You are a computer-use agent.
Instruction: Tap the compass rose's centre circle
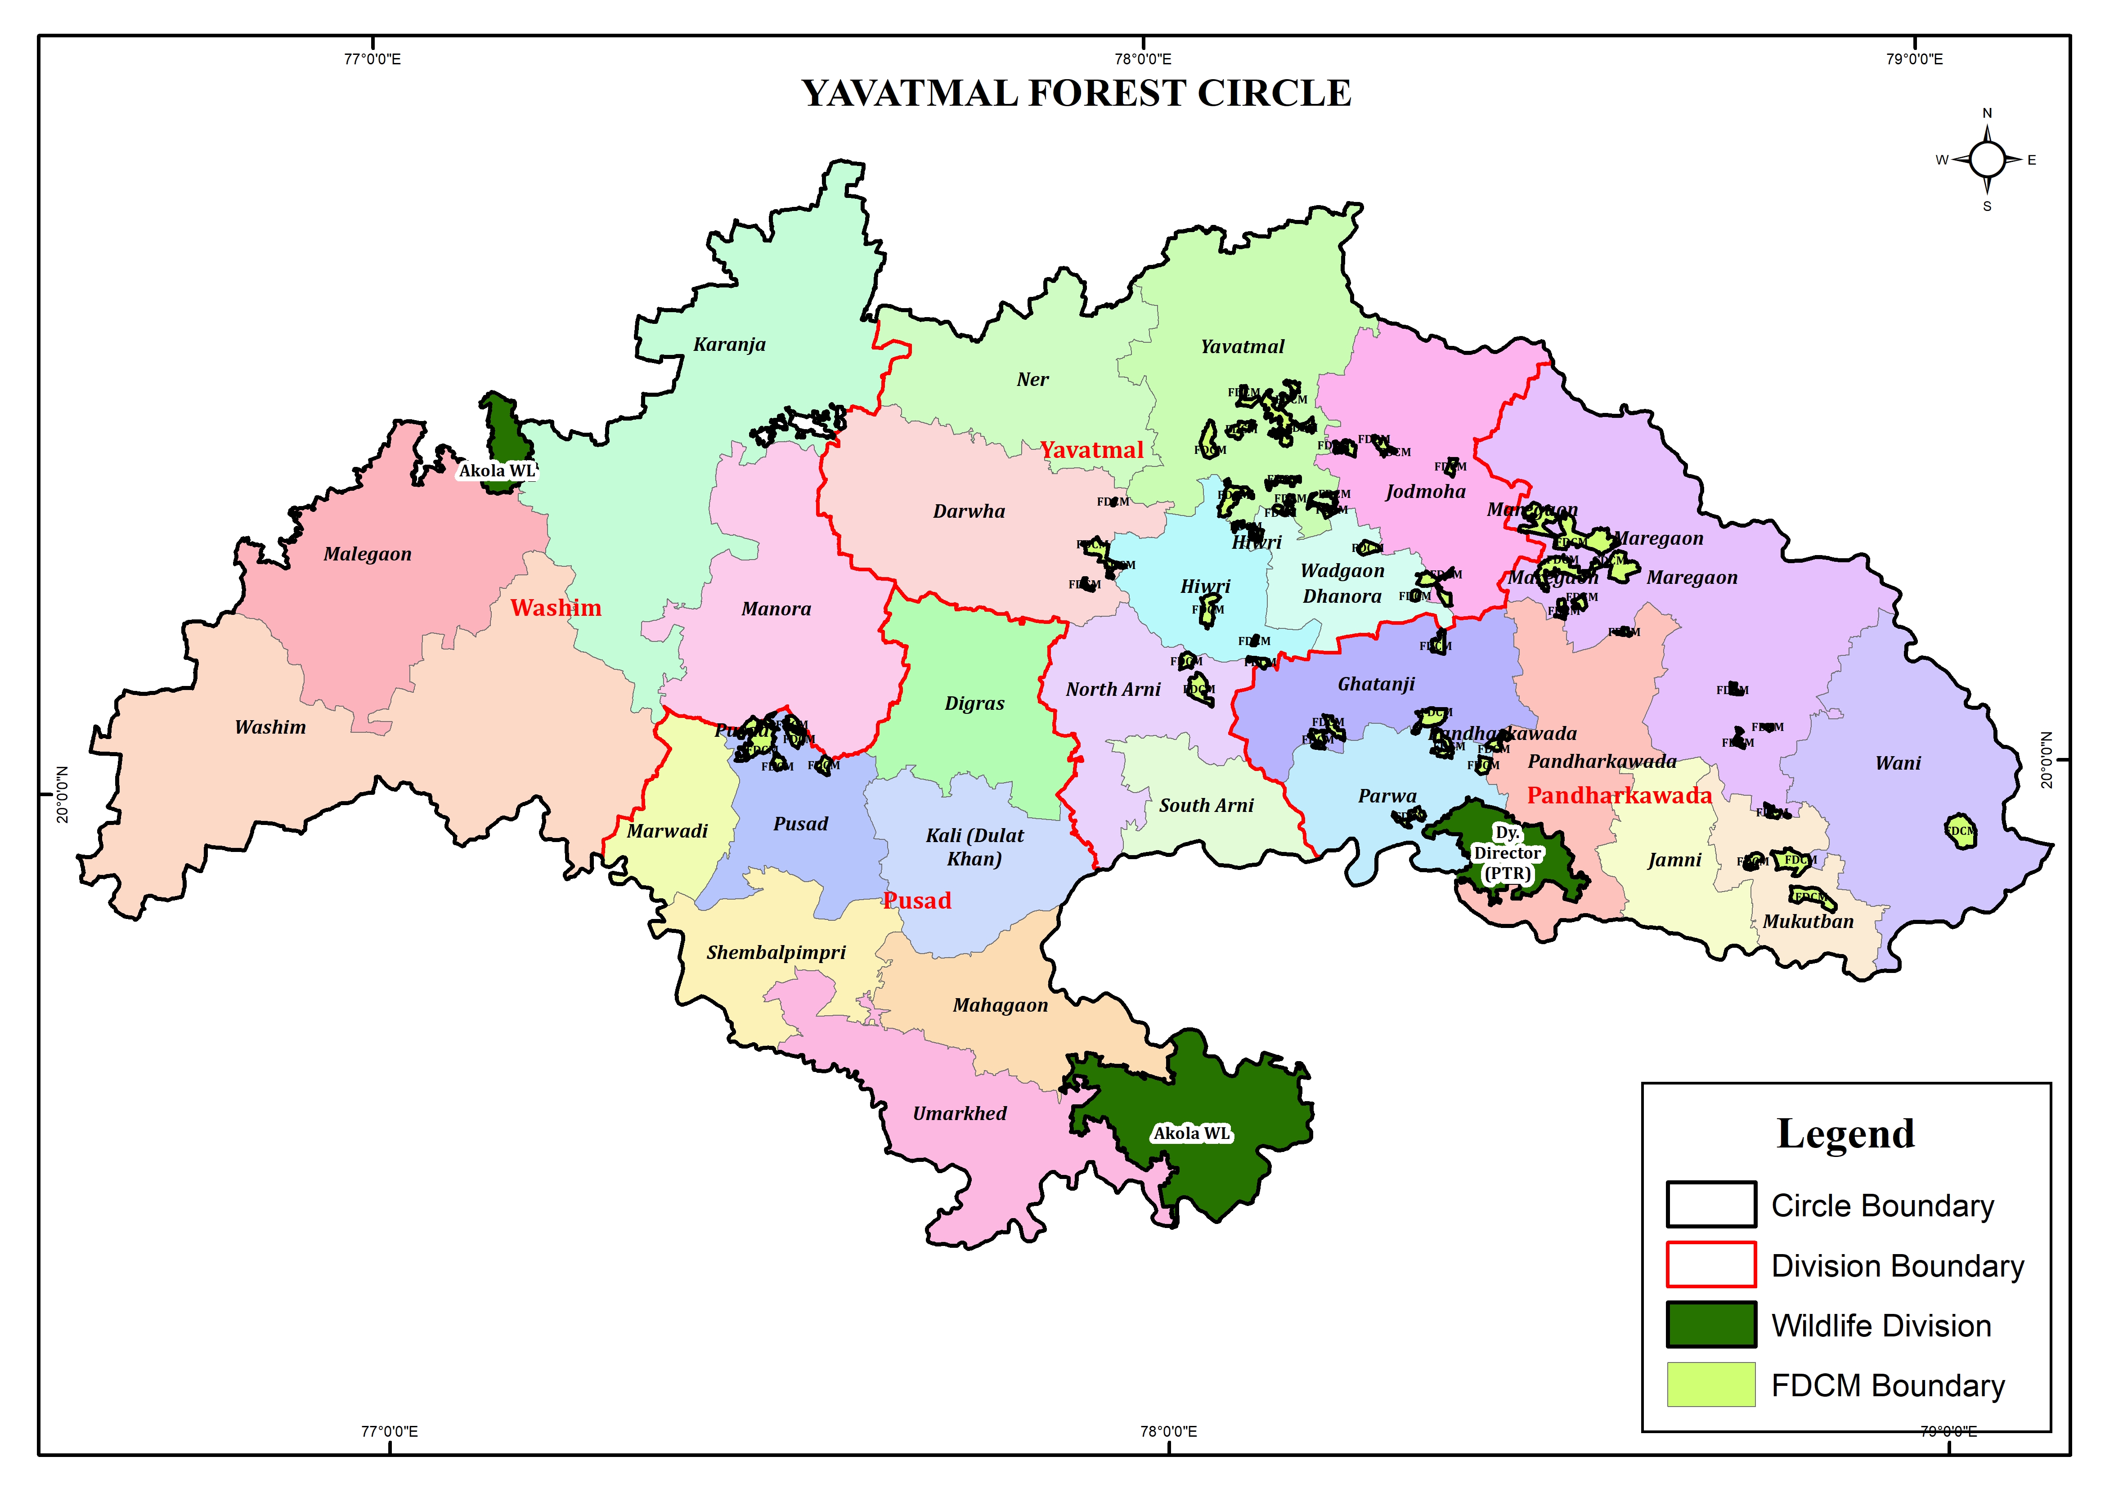click(x=1987, y=160)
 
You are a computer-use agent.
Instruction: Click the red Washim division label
click(x=556, y=608)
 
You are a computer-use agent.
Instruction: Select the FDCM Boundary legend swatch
click(x=1711, y=1385)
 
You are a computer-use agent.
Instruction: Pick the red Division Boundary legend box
click(x=1711, y=1264)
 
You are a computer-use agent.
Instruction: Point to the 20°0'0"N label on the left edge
click(x=63, y=794)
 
